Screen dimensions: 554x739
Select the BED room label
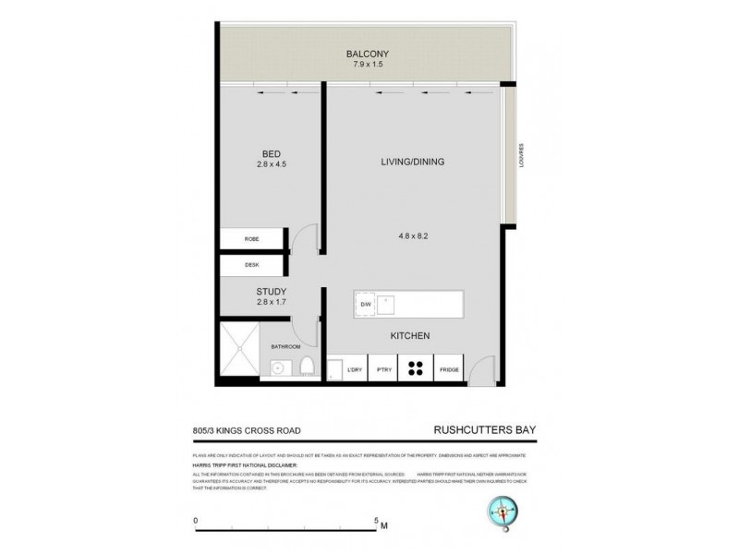point(271,153)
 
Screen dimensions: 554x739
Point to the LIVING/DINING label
point(413,162)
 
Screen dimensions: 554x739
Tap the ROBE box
point(252,239)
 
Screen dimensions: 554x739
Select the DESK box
point(252,265)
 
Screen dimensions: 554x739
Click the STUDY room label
point(272,291)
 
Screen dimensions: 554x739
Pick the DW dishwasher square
point(365,303)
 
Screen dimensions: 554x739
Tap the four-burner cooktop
point(415,367)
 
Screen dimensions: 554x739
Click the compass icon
point(503,511)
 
